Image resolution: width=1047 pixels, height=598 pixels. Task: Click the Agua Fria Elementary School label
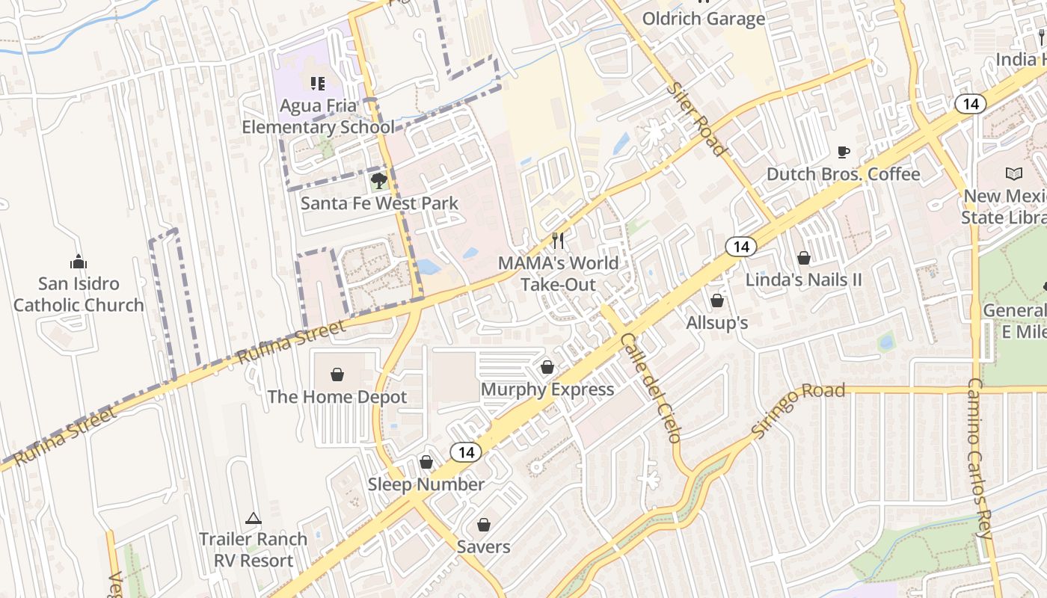pyautogui.click(x=318, y=117)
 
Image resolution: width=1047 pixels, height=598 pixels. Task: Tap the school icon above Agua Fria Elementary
pyautogui.click(x=317, y=83)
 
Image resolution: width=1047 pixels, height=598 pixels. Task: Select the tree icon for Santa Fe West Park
pyautogui.click(x=379, y=180)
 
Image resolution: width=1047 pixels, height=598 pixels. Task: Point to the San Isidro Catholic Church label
pyautogui.click(x=79, y=295)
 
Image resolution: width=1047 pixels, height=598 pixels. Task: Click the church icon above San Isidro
pyautogui.click(x=79, y=262)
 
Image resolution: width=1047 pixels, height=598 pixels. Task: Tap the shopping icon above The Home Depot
pyautogui.click(x=337, y=374)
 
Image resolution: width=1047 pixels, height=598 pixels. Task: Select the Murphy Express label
pyautogui.click(x=547, y=389)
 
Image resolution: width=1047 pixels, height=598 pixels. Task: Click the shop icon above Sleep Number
pyautogui.click(x=426, y=462)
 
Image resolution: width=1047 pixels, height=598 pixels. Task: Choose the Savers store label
pyautogui.click(x=484, y=546)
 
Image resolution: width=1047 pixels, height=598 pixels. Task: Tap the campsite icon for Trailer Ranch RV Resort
pyautogui.click(x=254, y=518)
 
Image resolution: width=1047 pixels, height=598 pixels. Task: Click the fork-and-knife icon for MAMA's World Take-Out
pyautogui.click(x=558, y=240)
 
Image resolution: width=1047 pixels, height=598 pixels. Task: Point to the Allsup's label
pyautogui.click(x=717, y=323)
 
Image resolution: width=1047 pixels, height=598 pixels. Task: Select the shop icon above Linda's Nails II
pyautogui.click(x=804, y=258)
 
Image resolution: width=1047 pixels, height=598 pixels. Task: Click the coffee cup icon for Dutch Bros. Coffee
pyautogui.click(x=844, y=152)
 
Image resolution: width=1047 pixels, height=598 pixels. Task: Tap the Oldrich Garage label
pyautogui.click(x=704, y=19)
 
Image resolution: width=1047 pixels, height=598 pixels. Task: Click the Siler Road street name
pyautogui.click(x=697, y=120)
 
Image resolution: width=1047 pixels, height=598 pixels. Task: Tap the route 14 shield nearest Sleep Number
pyautogui.click(x=466, y=451)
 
